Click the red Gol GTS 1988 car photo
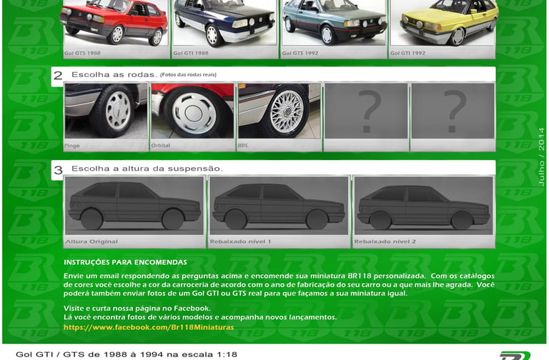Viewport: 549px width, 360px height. [x=116, y=23]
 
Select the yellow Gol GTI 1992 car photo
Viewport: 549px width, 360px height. [x=442, y=23]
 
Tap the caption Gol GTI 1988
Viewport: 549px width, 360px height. [x=190, y=53]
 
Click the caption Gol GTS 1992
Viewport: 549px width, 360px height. [x=300, y=53]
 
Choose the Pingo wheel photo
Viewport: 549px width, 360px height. [x=106, y=111]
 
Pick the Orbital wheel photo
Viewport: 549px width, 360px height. [x=192, y=111]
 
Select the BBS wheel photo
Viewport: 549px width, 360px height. [x=279, y=111]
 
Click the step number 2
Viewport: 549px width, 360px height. [x=58, y=75]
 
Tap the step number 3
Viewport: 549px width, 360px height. [x=58, y=170]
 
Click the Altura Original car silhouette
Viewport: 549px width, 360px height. [x=134, y=206]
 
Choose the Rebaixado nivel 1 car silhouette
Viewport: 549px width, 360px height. [x=279, y=206]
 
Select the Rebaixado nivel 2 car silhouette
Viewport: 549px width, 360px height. [x=423, y=206]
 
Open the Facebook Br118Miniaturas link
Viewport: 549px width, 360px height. [x=149, y=327]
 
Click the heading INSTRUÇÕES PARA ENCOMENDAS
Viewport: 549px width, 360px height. [x=125, y=262]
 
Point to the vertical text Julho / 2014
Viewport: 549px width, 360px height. [x=541, y=156]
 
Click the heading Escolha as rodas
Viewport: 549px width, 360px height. [x=114, y=74]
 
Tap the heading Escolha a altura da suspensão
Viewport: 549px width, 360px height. [x=147, y=169]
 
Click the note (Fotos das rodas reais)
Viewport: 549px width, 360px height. [x=189, y=74]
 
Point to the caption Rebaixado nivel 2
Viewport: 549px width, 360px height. [x=385, y=241]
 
